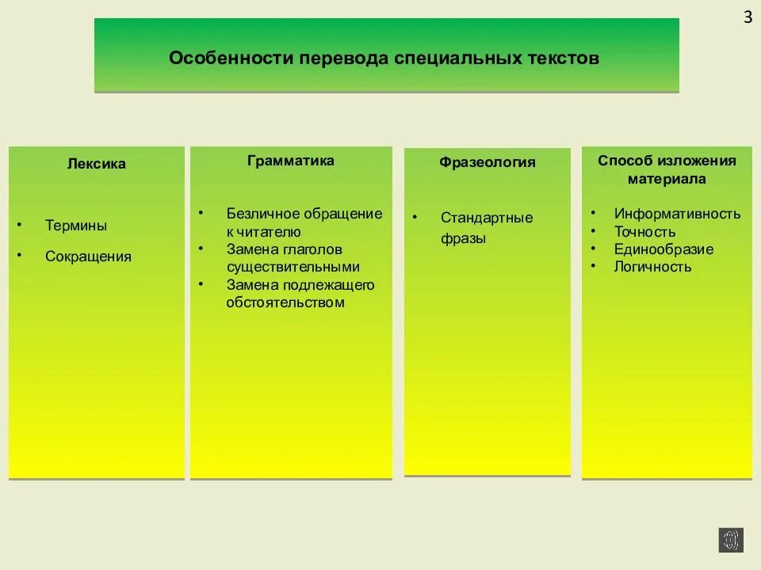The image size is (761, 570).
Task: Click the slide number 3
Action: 748,18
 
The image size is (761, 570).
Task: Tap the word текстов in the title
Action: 565,59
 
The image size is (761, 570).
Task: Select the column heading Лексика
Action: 96,164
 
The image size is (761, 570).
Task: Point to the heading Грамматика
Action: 291,161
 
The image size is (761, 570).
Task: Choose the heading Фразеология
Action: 488,162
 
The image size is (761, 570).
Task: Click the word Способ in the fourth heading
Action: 625,161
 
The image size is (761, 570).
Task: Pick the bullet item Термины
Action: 76,226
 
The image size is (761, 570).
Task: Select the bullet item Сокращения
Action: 88,256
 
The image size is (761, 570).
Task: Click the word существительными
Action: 293,267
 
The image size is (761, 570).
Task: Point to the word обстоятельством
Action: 285,302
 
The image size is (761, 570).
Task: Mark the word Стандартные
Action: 487,218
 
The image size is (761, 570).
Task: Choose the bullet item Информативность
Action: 677,214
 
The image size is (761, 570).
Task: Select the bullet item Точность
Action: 644,232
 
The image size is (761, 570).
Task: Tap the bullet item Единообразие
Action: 663,249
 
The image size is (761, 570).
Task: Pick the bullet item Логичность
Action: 652,267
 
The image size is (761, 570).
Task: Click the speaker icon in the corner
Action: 731,540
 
